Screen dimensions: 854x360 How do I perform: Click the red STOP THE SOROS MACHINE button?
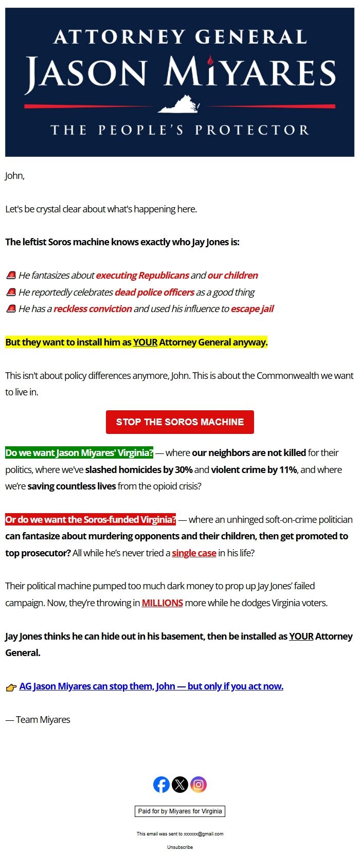[179, 422]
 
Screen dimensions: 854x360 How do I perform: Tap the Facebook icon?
[161, 785]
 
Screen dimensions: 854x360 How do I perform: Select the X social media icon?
[180, 785]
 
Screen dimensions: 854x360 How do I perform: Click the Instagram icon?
[199, 785]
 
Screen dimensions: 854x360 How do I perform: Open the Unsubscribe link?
[180, 847]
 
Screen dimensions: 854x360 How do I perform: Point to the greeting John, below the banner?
[15, 176]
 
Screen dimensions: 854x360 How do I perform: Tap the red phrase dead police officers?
[154, 293]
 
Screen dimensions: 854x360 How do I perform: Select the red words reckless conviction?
[93, 309]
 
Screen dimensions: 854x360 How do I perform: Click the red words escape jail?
[252, 309]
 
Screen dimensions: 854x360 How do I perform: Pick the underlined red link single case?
[194, 553]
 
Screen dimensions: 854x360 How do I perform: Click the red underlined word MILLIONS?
[163, 603]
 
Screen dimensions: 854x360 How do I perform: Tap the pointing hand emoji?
[11, 687]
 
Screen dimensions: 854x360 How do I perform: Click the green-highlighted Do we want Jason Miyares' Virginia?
[79, 453]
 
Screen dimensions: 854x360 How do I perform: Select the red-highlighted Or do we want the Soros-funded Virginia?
[91, 520]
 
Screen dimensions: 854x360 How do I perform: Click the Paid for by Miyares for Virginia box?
[180, 811]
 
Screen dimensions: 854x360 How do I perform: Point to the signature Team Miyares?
[38, 720]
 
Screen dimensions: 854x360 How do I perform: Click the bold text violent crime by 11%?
[254, 470]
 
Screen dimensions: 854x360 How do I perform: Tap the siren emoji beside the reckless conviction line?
[11, 309]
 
